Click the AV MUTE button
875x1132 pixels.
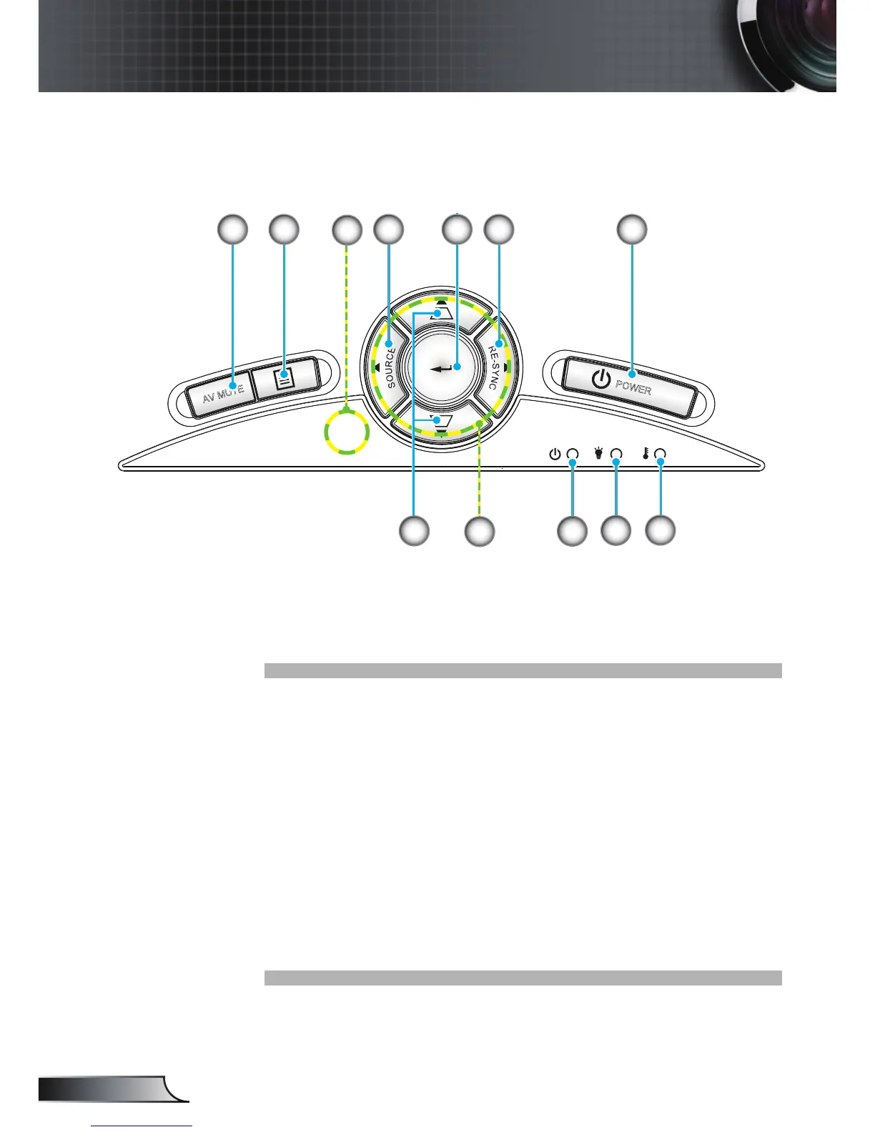pyautogui.click(x=222, y=392)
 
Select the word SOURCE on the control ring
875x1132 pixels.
pyautogui.click(x=391, y=366)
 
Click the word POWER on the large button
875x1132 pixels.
pyautogui.click(x=633, y=389)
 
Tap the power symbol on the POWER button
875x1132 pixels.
pyautogui.click(x=601, y=380)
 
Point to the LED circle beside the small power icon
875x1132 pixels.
pyautogui.click(x=573, y=455)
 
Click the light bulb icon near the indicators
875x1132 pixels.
pyautogui.click(x=599, y=453)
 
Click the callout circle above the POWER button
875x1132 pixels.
pyautogui.click(x=632, y=229)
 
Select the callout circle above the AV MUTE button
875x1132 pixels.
pyautogui.click(x=232, y=229)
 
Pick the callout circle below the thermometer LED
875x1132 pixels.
pyautogui.click(x=661, y=532)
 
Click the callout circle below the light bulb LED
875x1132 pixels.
pyautogui.click(x=616, y=532)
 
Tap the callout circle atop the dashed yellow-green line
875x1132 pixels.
pyautogui.click(x=347, y=229)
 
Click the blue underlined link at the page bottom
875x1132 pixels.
pyautogui.click(x=142, y=1127)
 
